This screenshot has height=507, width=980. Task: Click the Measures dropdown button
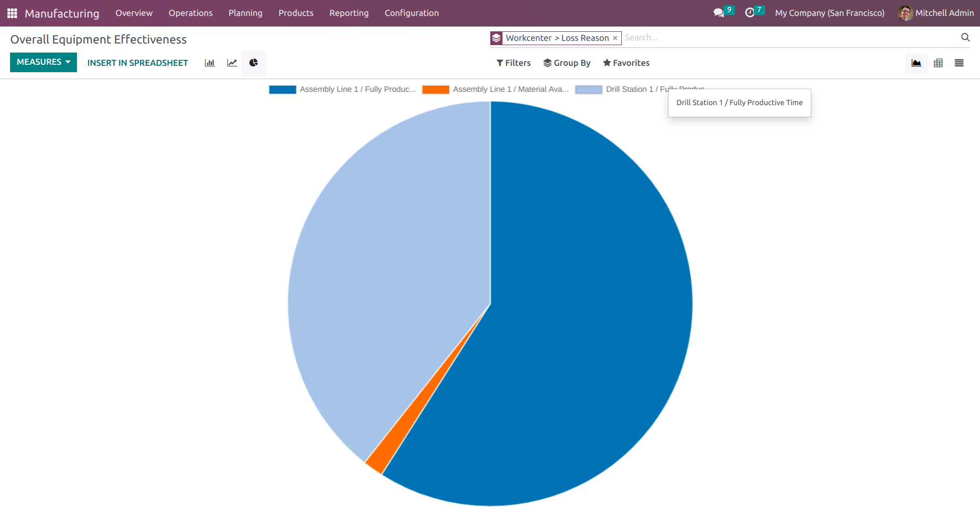pos(43,62)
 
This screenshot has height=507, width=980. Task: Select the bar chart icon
pos(210,63)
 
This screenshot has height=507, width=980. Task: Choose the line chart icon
pos(232,63)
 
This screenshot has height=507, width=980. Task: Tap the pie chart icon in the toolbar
pos(254,63)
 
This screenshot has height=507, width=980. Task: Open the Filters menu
pos(513,63)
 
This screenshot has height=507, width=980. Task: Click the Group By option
pos(567,63)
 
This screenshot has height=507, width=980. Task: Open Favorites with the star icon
pos(626,63)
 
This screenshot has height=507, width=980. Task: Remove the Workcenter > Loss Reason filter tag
pos(615,38)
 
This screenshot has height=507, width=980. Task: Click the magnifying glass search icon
pos(965,37)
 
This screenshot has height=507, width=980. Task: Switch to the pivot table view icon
pos(938,63)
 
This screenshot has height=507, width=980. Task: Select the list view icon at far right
pos(959,63)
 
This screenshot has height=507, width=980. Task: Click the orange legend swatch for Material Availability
pos(436,90)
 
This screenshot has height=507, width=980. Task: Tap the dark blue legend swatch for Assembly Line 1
pos(282,90)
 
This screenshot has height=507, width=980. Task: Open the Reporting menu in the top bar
pos(349,13)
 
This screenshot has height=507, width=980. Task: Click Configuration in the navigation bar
pos(411,13)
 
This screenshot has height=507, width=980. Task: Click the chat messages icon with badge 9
pos(719,13)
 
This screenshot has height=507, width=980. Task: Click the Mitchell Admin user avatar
pos(905,13)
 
